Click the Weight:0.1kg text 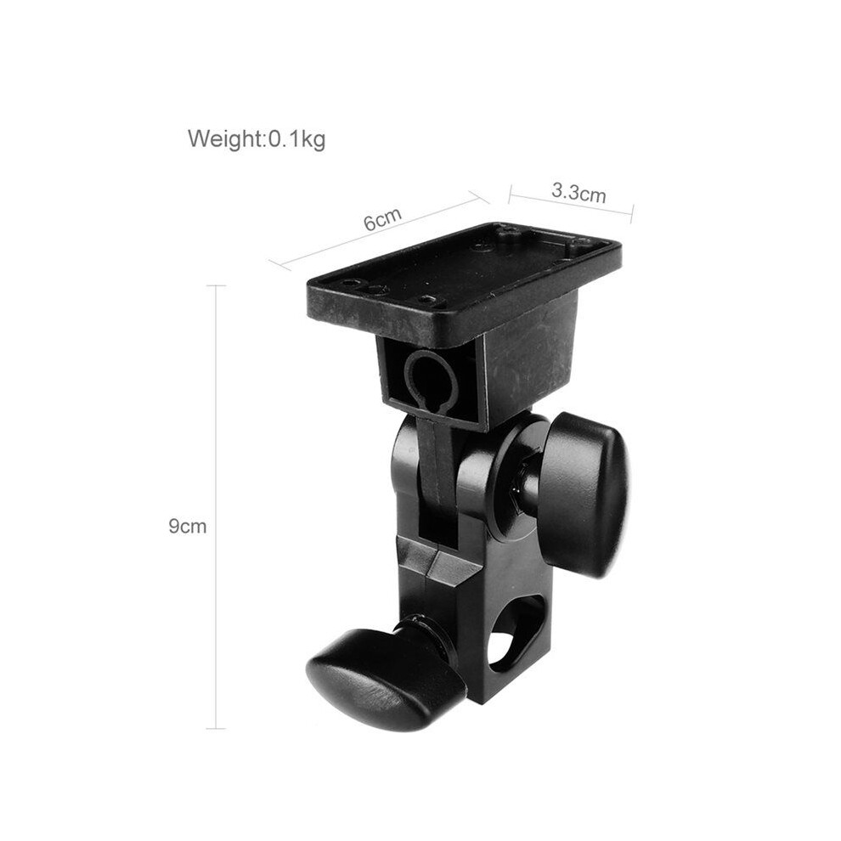click(x=257, y=139)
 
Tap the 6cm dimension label click(x=382, y=219)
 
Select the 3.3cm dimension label click(x=579, y=191)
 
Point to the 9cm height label click(x=187, y=526)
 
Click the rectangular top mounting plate click(x=464, y=279)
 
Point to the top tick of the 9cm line click(x=216, y=286)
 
